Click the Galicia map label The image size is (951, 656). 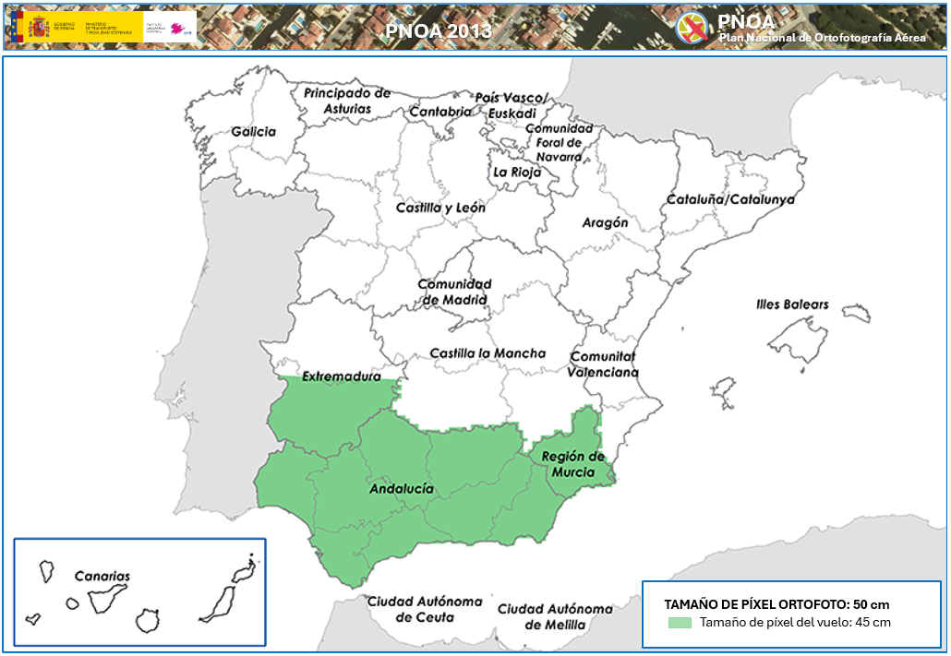254,132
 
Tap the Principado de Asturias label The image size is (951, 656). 347,101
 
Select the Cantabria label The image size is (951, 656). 439,112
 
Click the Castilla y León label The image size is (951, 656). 440,208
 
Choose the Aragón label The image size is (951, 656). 605,222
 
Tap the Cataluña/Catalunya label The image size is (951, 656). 730,199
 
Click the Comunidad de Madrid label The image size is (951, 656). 454,292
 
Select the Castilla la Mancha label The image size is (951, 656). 488,353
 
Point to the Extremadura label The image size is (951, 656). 342,376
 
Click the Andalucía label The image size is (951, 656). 402,489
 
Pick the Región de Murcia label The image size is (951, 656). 572,464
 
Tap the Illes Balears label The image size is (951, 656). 792,304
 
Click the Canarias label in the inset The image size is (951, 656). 102,576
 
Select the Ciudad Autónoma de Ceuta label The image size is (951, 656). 425,609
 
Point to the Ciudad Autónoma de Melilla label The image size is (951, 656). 555,616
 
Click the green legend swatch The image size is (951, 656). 679,623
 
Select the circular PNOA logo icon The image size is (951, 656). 692,27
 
